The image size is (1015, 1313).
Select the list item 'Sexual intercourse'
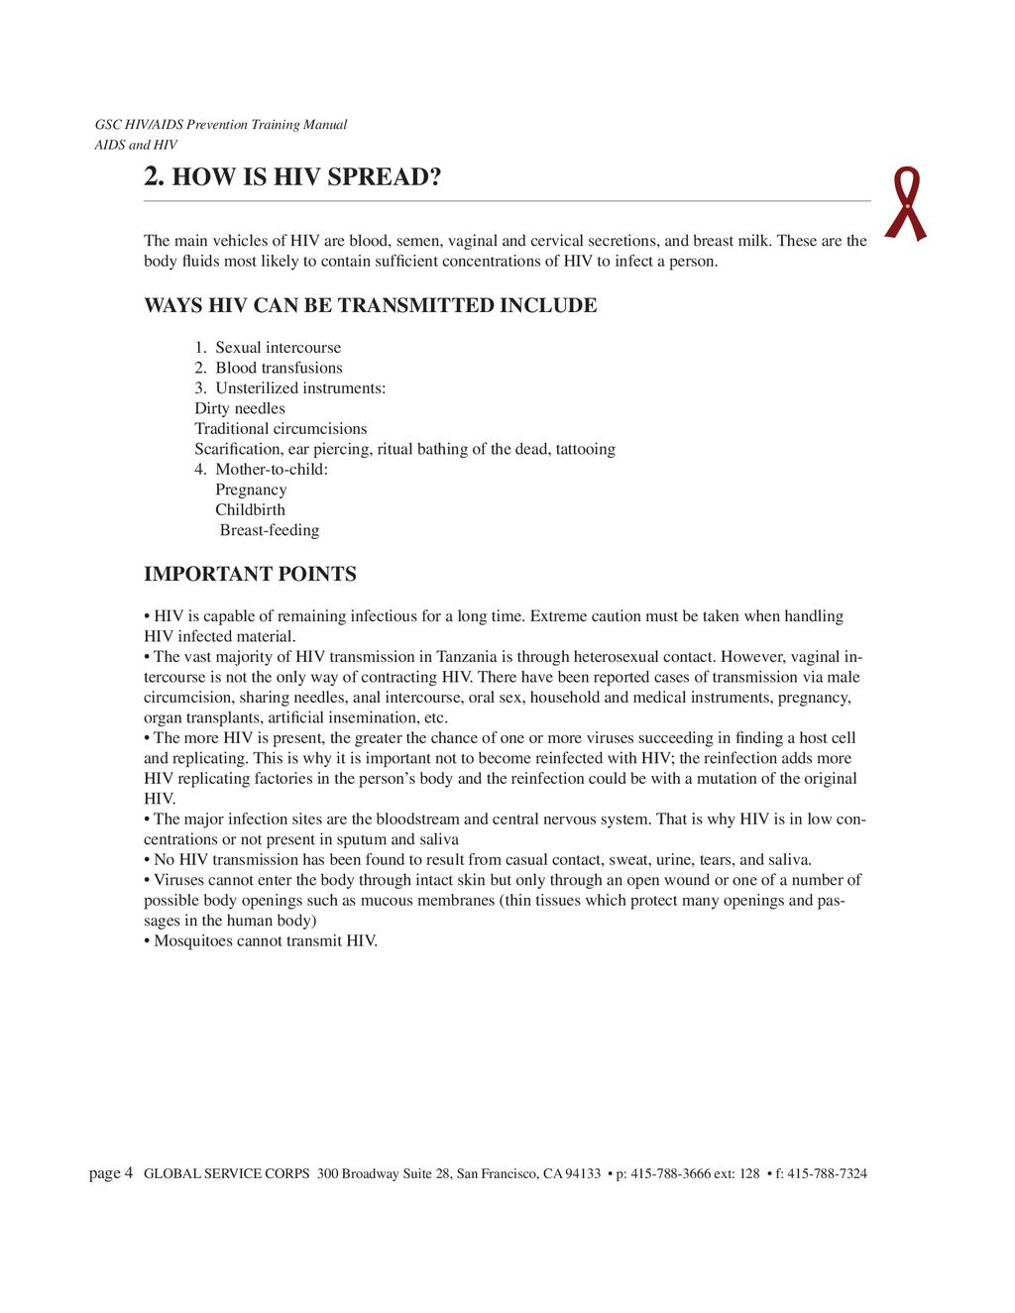[278, 348]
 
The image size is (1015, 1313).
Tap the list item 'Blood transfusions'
[279, 368]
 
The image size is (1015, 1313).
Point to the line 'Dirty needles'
[240, 408]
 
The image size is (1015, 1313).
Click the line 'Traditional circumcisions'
[281, 429]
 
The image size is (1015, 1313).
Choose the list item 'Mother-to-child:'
[271, 470]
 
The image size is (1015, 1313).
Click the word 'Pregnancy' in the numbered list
[251, 490]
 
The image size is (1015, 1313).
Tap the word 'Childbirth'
[250, 510]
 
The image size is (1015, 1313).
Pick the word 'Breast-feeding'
[270, 530]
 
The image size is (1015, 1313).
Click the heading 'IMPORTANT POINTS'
[250, 575]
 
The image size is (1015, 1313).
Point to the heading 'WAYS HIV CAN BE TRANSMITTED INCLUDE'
[371, 305]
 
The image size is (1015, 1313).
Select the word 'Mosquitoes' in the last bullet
[189, 940]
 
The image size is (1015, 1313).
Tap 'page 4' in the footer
[111, 1174]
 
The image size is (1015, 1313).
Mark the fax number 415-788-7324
[827, 1174]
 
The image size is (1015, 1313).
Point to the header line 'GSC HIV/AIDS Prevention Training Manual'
[220, 125]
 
